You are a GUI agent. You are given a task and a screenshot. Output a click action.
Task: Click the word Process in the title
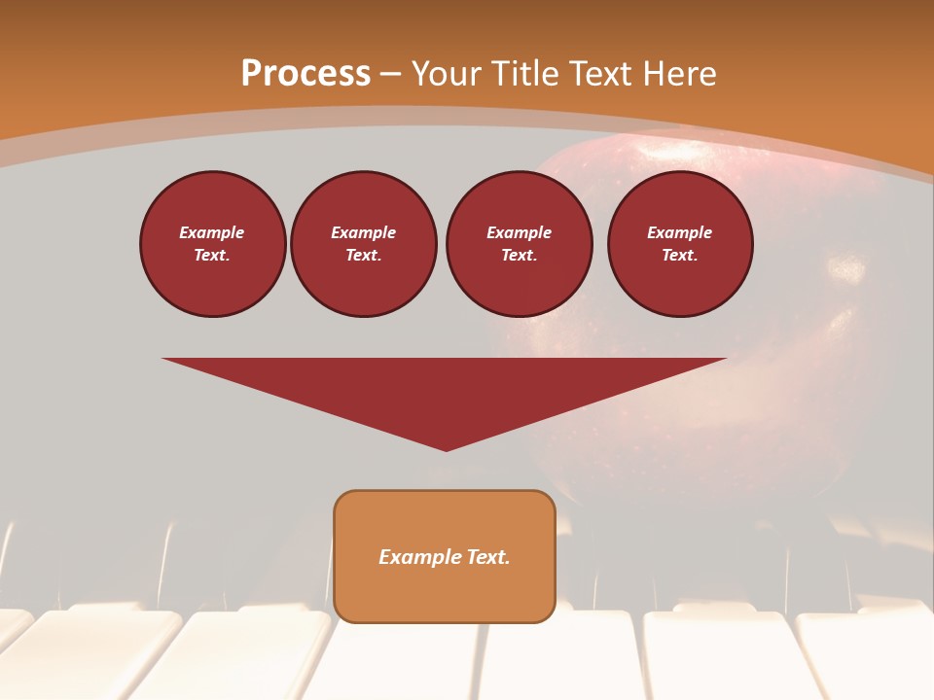point(305,74)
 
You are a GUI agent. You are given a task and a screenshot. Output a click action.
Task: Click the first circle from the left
point(213,244)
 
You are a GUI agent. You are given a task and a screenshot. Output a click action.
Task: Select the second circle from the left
point(364,244)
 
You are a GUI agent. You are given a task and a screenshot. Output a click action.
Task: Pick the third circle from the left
point(520,244)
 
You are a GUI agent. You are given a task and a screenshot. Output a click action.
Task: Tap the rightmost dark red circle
point(680,244)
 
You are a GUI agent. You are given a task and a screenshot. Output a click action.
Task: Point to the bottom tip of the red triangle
point(446,449)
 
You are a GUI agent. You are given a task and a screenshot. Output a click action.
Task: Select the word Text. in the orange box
point(488,557)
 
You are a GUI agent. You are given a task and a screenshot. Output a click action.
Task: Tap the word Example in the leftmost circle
point(212,232)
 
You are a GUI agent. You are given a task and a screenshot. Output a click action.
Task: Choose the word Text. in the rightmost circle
point(680,256)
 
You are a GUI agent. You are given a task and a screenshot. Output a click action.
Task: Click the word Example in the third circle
point(520,232)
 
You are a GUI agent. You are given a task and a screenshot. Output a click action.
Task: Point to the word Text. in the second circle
point(364,256)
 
